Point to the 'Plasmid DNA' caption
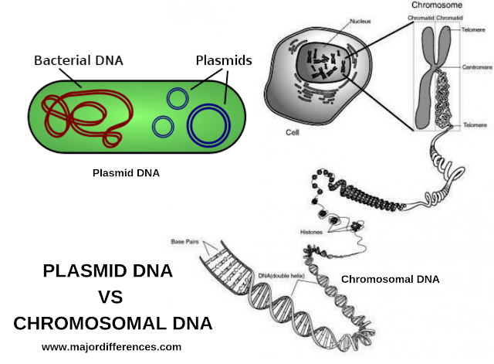pos(124,173)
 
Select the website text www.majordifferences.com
pos(112,347)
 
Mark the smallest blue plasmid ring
pos(163,126)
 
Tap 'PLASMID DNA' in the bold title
pos(107,271)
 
